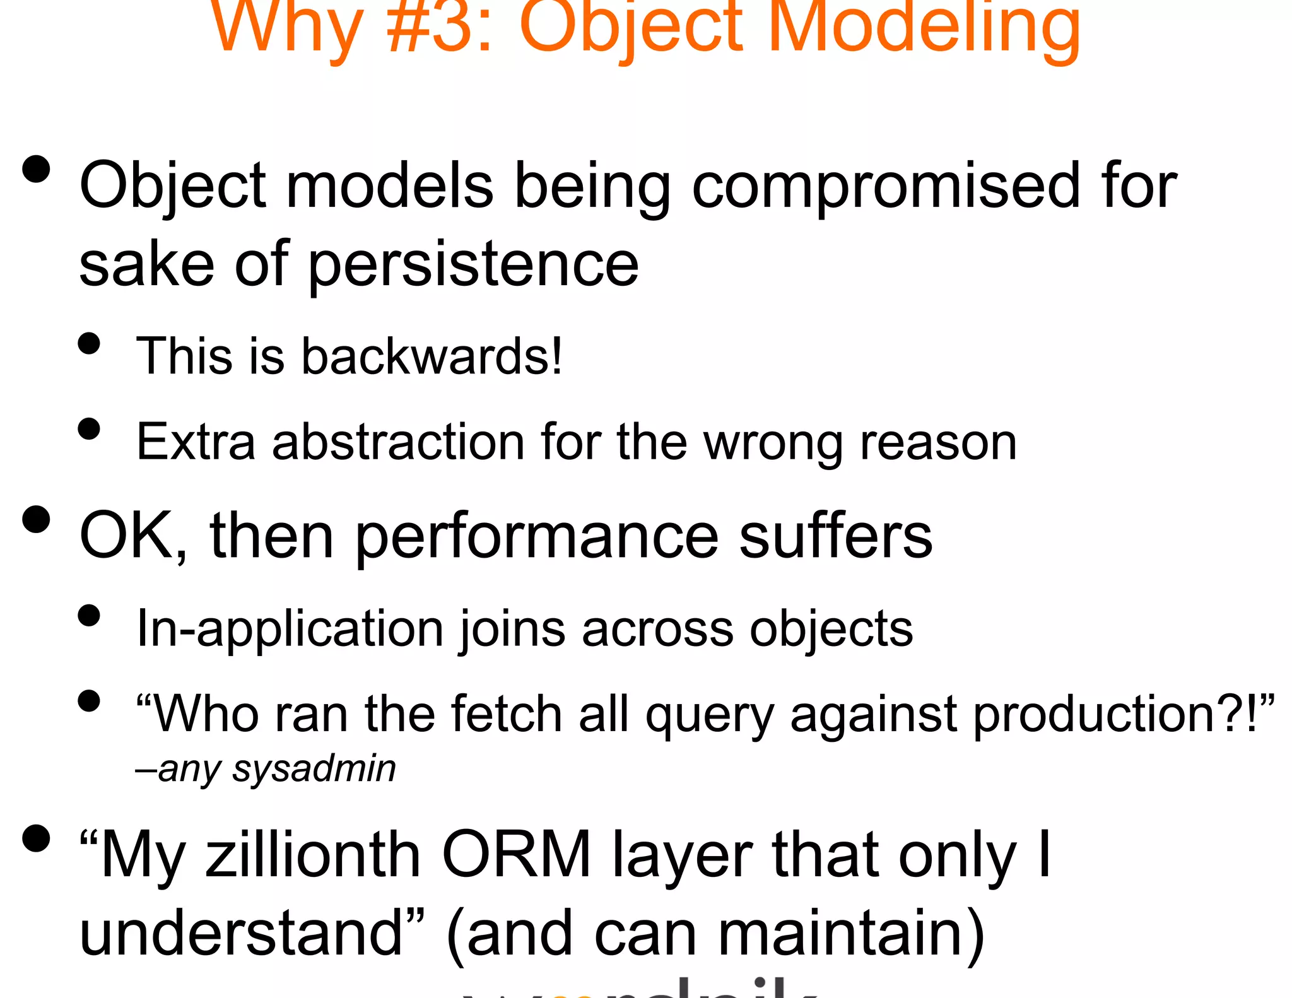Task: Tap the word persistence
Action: click(473, 265)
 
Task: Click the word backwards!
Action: click(432, 356)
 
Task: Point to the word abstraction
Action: click(398, 442)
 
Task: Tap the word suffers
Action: click(835, 536)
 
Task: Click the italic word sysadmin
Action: click(314, 768)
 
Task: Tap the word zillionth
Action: click(313, 855)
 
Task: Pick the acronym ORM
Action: click(516, 855)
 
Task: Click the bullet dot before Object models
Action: click(36, 169)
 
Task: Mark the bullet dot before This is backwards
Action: click(90, 344)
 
